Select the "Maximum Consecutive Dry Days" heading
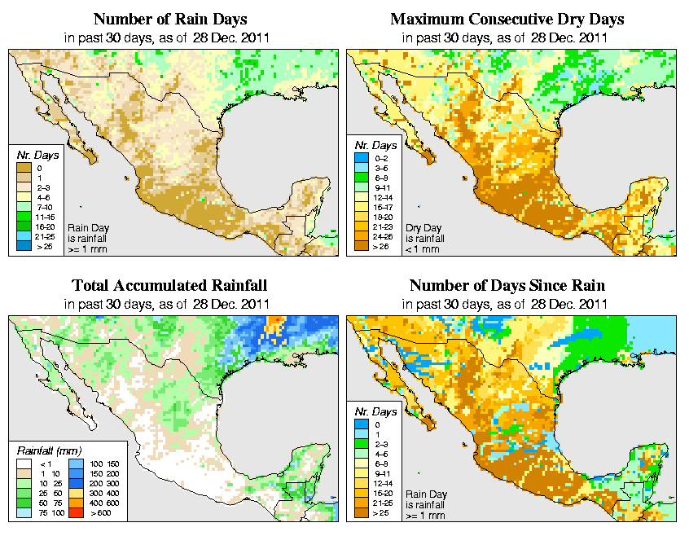[507, 19]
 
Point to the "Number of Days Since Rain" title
[507, 286]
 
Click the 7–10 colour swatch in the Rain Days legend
[23, 207]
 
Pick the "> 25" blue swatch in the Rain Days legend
[23, 244]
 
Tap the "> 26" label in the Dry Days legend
[380, 244]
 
